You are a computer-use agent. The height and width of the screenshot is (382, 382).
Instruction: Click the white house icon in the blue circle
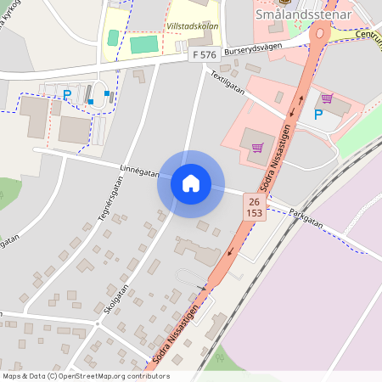tap(190, 183)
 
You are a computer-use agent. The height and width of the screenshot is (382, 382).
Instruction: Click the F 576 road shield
tap(205, 54)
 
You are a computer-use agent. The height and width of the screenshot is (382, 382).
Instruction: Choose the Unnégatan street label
tap(139, 171)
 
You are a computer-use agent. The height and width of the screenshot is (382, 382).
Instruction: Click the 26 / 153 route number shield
tap(254, 205)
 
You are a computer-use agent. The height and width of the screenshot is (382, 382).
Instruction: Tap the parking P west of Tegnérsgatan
tap(67, 94)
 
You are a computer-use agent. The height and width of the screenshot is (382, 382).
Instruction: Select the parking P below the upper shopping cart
tap(318, 115)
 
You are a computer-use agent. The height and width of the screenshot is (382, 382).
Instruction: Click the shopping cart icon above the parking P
tap(326, 98)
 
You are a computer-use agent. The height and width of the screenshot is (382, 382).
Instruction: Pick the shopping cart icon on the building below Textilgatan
tap(256, 149)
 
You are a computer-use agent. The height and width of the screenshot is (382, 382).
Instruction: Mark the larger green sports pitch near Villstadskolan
tap(144, 43)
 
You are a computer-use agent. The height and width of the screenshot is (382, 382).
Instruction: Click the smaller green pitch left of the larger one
tap(113, 38)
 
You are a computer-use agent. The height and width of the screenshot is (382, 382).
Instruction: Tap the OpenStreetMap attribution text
tap(85, 376)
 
